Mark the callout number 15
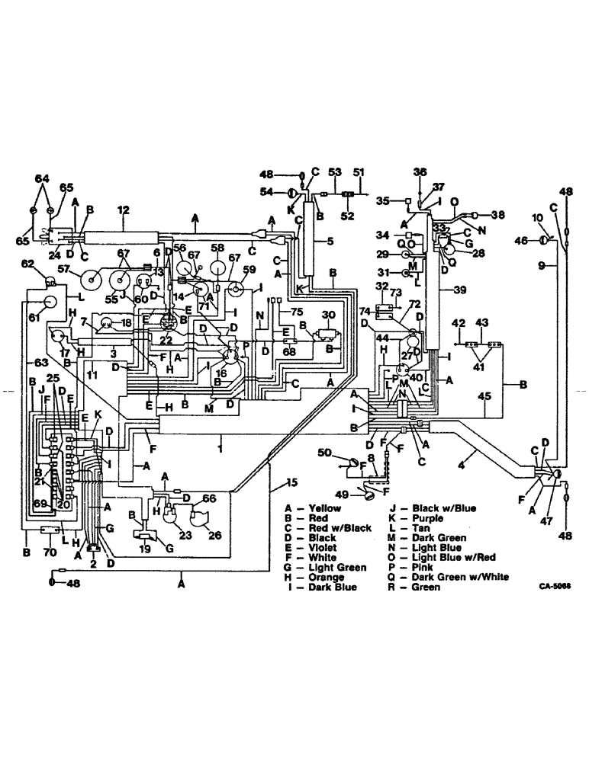click(291, 482)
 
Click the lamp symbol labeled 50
click(352, 463)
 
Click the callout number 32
click(381, 286)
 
